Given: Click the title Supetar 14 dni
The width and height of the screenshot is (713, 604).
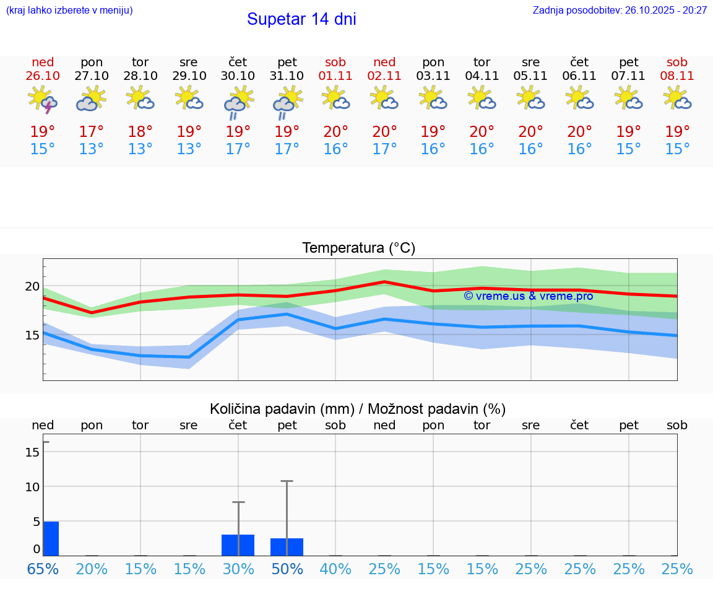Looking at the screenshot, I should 301,19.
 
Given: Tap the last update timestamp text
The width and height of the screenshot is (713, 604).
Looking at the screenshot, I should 620,10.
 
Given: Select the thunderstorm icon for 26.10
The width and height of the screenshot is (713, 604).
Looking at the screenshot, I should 43,100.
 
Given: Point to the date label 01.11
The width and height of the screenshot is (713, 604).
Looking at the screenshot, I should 335,76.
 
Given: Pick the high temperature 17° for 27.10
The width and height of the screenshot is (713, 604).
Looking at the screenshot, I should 92,132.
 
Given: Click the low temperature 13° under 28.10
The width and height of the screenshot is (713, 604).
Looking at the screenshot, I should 140,149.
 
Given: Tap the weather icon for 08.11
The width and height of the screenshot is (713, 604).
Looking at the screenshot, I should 677,98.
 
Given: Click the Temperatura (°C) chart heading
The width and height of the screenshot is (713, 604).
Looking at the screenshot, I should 358,248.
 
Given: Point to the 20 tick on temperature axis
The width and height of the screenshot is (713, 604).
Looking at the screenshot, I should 32,286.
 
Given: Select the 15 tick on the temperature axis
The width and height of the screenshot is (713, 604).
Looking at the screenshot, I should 32,335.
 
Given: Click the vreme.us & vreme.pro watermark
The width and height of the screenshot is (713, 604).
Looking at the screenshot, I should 528,296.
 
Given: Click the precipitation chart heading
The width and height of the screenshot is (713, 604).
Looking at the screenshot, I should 358,409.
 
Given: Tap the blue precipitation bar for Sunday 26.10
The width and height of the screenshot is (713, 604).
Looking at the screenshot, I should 51,539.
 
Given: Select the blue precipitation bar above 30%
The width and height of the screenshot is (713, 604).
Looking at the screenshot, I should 238,545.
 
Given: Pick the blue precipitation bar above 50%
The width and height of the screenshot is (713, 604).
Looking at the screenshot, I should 287,547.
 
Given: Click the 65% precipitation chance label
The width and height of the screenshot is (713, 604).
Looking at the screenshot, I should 43,569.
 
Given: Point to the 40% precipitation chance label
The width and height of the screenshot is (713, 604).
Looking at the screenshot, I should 335,569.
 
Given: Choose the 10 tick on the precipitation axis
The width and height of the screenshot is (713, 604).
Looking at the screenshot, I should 32,487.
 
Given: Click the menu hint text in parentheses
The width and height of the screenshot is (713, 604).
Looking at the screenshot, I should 69,10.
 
